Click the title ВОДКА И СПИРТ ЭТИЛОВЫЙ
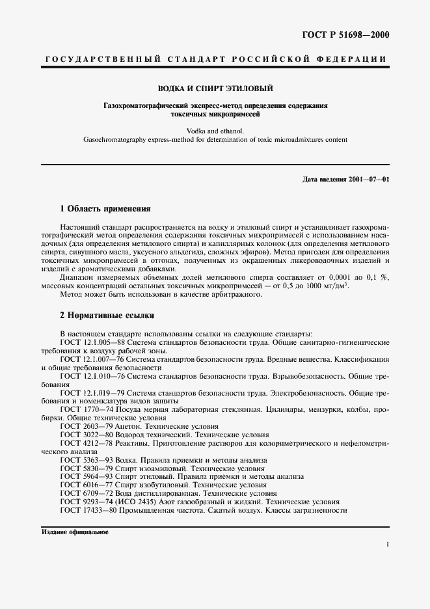tap(215, 88)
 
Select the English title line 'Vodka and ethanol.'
tap(215, 131)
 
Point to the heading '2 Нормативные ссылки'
tap(107, 316)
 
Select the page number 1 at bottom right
tap(387, 545)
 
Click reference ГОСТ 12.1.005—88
tap(92, 342)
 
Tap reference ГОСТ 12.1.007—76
tap(92, 359)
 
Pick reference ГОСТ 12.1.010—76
tap(92, 375)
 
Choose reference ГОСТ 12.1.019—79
tap(92, 392)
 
